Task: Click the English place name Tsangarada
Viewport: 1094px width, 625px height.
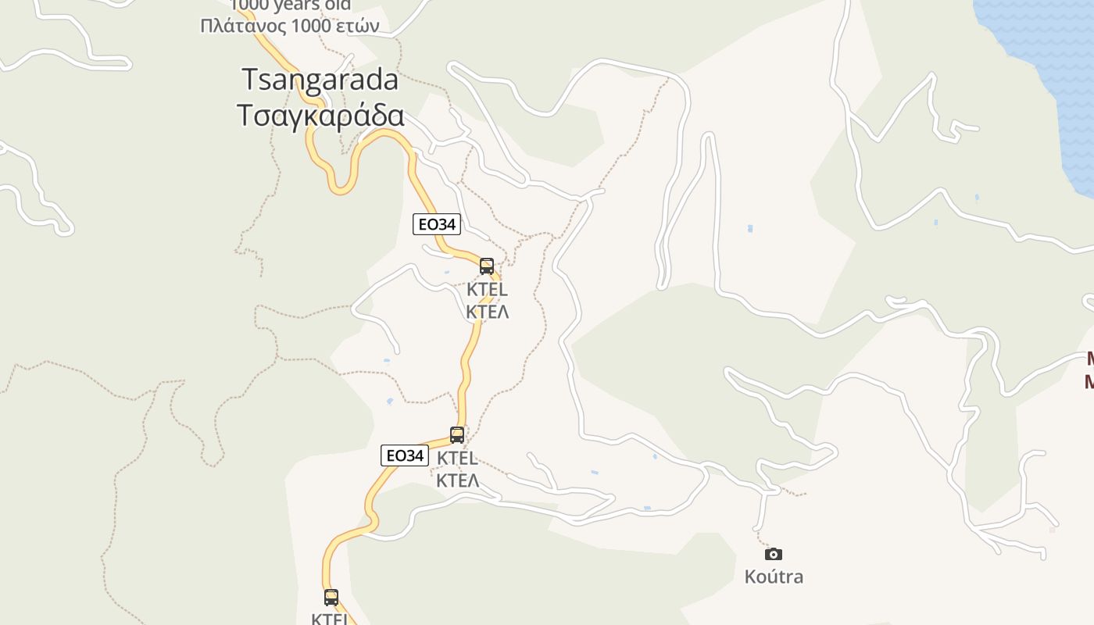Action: pos(320,79)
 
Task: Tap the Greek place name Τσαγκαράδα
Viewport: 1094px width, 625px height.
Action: pos(320,115)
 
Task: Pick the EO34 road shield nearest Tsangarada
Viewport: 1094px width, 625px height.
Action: pos(436,224)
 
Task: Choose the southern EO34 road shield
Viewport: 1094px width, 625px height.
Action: pos(405,455)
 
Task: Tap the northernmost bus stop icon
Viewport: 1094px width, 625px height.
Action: pos(487,266)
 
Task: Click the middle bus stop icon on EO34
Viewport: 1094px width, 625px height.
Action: pos(457,435)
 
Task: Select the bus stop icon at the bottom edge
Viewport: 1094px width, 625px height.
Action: pos(331,598)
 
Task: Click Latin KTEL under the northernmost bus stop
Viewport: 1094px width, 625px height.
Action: pos(487,289)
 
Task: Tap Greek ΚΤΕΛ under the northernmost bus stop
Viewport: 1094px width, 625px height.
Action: pos(487,312)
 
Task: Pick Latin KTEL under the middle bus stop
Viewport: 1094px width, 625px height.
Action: pos(457,458)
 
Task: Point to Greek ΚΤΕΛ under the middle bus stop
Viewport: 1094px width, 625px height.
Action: pos(457,480)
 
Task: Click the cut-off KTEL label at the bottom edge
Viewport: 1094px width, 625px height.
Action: pos(329,619)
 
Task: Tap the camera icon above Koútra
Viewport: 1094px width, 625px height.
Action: pos(773,554)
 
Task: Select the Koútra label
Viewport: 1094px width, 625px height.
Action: pos(774,577)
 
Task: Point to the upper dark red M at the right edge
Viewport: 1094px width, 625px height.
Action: pos(1089,359)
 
